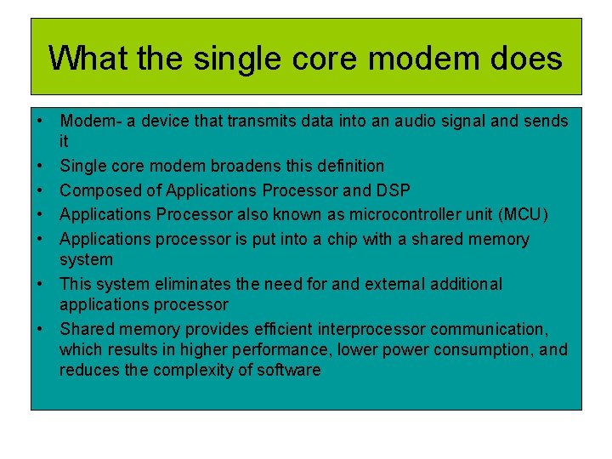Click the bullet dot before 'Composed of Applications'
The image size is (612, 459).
(41, 190)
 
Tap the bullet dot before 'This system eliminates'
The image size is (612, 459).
(41, 284)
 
